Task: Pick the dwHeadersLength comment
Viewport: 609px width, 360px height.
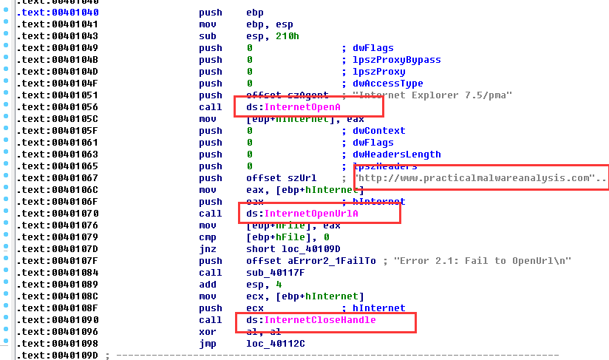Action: [396, 154]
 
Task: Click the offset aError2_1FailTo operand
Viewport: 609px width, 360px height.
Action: [311, 261]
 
